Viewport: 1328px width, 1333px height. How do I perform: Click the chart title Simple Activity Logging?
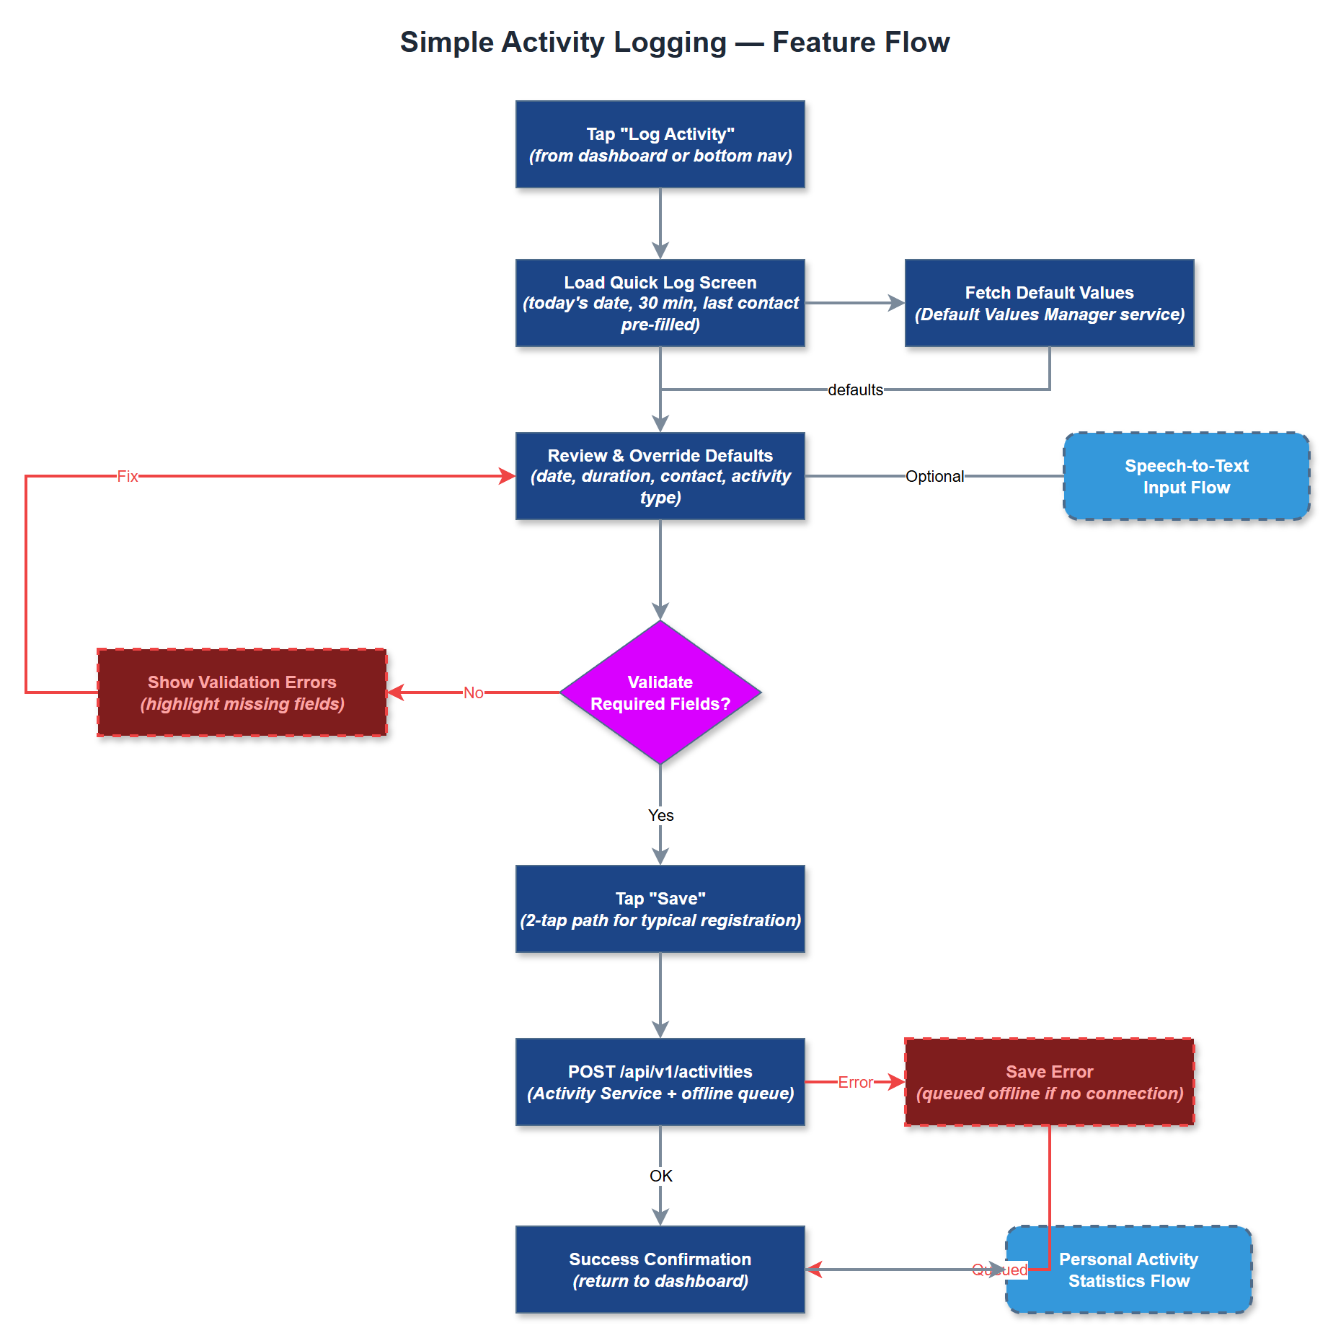[x=674, y=42]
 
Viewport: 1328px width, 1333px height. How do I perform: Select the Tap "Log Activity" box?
[x=660, y=144]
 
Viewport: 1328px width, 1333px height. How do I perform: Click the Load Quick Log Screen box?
[x=660, y=303]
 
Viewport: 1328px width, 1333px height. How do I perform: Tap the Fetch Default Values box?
[x=1049, y=303]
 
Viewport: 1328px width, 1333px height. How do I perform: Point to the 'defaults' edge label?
[x=855, y=390]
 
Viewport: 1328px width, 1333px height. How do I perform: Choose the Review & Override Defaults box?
[x=660, y=476]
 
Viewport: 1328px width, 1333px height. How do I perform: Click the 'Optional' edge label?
[x=934, y=476]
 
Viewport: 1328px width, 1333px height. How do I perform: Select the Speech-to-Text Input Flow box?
[x=1186, y=476]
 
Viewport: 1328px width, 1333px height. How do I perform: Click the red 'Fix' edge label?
[x=128, y=476]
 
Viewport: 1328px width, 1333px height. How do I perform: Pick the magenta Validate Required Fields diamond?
[x=660, y=692]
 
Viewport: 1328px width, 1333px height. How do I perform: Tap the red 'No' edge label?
[x=473, y=692]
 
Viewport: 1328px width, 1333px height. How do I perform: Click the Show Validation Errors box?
[x=242, y=692]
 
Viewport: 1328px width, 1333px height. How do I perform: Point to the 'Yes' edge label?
[x=660, y=815]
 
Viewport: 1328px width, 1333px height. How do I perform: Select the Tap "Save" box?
[x=660, y=909]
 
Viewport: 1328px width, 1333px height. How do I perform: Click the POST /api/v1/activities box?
[x=660, y=1082]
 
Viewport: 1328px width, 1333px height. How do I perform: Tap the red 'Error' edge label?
[x=855, y=1082]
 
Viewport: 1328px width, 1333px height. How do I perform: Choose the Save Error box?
[x=1049, y=1082]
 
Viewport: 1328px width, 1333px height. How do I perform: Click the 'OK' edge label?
[x=660, y=1176]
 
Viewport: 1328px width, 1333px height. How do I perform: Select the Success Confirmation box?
[x=660, y=1270]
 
